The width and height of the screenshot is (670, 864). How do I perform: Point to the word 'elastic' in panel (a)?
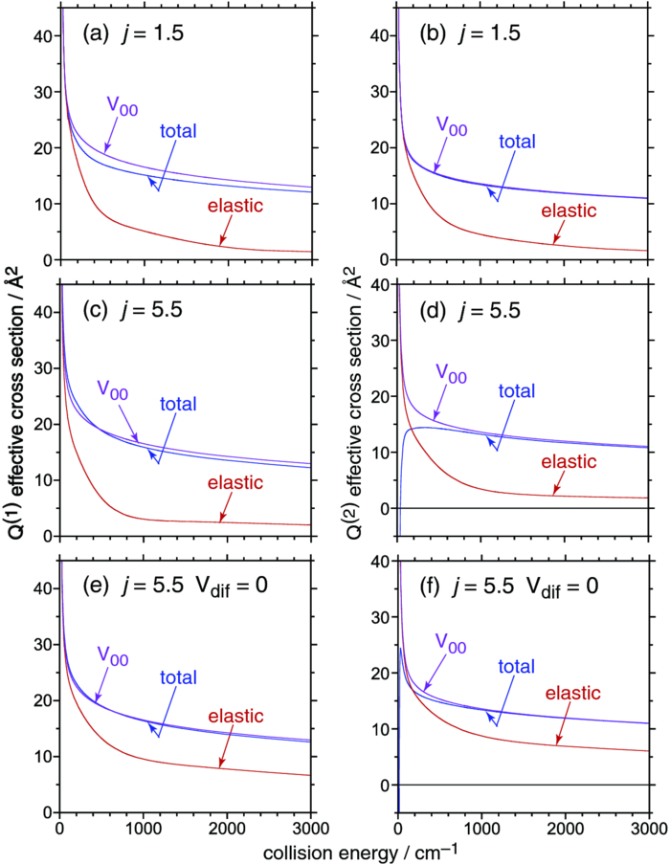(235, 206)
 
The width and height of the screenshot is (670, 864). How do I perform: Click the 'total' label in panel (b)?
(518, 141)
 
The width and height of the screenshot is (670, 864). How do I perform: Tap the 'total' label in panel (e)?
(177, 677)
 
